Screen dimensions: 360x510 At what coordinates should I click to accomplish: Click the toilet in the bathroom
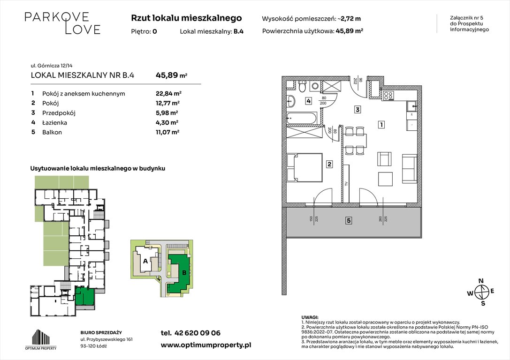303,87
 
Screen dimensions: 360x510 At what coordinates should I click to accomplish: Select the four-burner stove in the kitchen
389,95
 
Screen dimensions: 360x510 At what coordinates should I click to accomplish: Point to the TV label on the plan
346,184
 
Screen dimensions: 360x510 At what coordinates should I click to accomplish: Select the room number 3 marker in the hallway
357,110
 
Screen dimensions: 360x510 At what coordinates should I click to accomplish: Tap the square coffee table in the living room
386,179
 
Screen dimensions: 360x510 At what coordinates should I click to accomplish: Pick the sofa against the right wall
409,169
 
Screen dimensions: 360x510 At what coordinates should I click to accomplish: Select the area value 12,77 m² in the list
167,103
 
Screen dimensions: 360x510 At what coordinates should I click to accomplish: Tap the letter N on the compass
480,281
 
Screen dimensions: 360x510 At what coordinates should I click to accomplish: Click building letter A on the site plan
145,261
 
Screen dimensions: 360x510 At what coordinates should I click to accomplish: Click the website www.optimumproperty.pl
206,345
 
